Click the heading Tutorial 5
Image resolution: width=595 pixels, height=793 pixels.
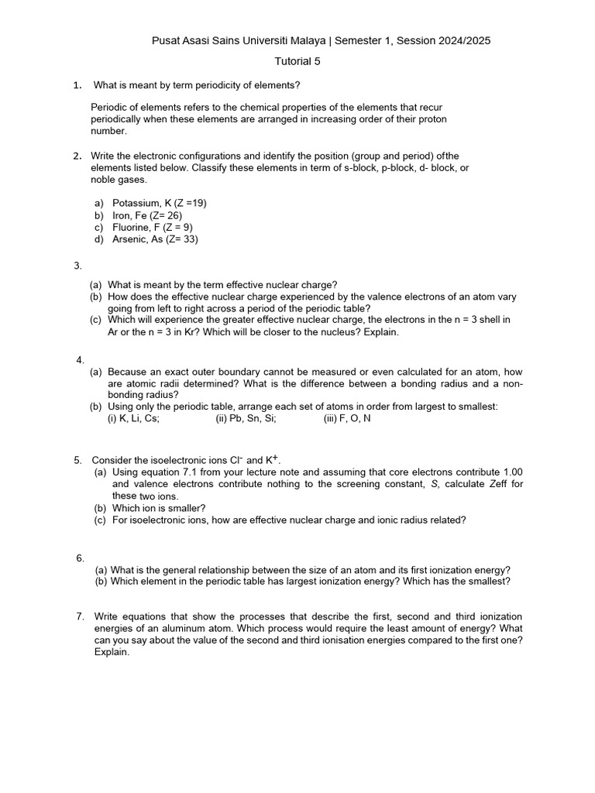297,61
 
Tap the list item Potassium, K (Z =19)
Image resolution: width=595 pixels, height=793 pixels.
160,203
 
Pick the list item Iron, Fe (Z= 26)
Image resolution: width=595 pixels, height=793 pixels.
147,215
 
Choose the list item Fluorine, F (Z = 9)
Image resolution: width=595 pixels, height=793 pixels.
153,228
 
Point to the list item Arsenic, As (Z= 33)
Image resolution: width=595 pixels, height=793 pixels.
155,239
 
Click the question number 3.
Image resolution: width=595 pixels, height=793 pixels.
77,266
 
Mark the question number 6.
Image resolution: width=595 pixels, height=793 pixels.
80,558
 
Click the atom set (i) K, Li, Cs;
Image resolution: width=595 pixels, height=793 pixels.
133,419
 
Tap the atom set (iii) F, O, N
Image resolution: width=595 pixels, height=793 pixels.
347,419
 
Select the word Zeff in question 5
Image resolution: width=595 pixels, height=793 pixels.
491,484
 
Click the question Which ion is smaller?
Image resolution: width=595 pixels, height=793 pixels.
159,508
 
